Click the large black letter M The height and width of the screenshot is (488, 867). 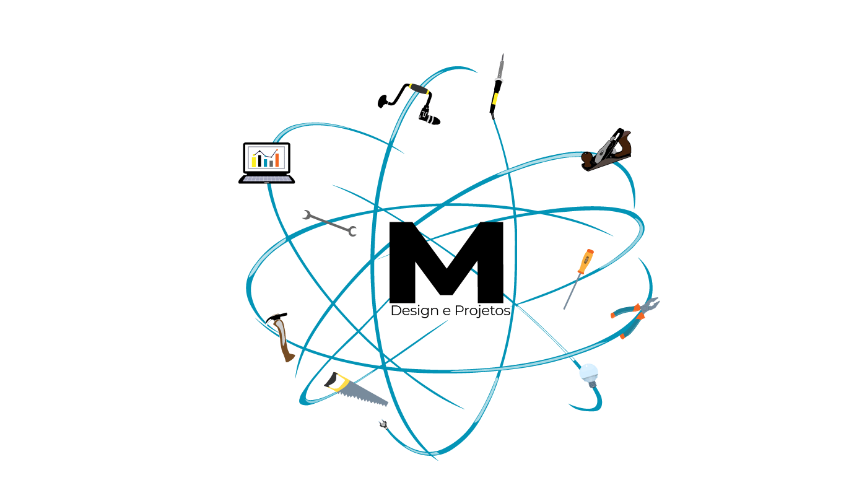click(x=446, y=260)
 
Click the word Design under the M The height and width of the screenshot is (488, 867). click(x=414, y=311)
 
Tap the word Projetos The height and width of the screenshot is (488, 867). click(x=482, y=311)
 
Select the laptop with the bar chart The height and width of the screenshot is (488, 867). click(x=267, y=162)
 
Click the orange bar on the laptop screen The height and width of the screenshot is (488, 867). click(x=277, y=160)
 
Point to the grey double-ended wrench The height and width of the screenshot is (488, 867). click(x=329, y=223)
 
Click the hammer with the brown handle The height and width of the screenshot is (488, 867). click(x=283, y=338)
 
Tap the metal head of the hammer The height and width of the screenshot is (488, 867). click(x=276, y=318)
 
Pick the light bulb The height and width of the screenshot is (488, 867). click(x=589, y=373)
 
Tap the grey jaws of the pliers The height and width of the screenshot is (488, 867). click(x=650, y=305)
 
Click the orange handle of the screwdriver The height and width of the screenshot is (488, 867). click(x=585, y=261)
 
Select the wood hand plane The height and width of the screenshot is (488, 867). click(x=606, y=151)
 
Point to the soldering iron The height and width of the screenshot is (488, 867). click(x=497, y=87)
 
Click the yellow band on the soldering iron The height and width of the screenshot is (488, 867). click(x=495, y=98)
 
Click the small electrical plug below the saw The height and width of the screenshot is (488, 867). click(x=383, y=424)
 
